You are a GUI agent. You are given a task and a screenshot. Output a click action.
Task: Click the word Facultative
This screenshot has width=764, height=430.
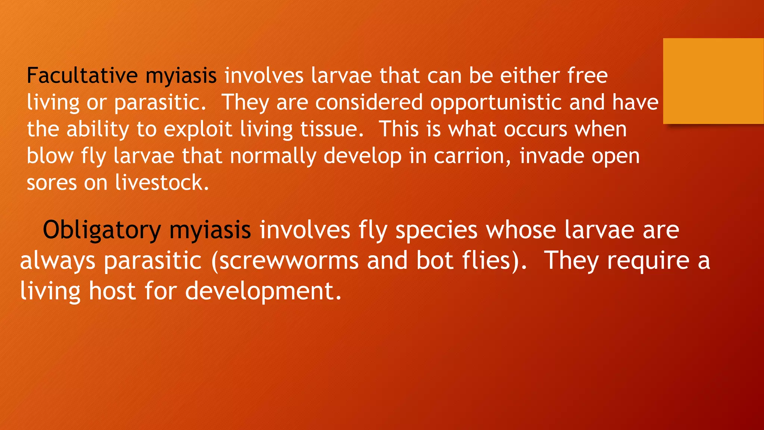pos(82,75)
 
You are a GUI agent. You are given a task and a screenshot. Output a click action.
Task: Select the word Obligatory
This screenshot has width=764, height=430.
pos(101,230)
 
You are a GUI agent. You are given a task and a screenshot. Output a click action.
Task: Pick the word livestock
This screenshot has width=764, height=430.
pos(162,183)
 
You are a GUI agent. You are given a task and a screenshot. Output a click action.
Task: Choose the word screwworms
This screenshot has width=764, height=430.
pos(289,261)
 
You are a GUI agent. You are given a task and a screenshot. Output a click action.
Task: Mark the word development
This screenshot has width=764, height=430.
pos(263,291)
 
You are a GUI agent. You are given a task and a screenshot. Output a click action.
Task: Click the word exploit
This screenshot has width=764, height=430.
pos(198,130)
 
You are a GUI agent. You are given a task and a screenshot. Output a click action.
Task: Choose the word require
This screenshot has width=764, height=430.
pos(648,261)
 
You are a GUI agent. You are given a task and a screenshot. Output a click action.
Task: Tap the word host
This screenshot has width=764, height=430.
pos(112,291)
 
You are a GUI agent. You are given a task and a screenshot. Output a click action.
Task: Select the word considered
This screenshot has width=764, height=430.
pos(369,103)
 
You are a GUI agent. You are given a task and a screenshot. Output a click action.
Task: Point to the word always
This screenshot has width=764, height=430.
pos(57,261)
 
